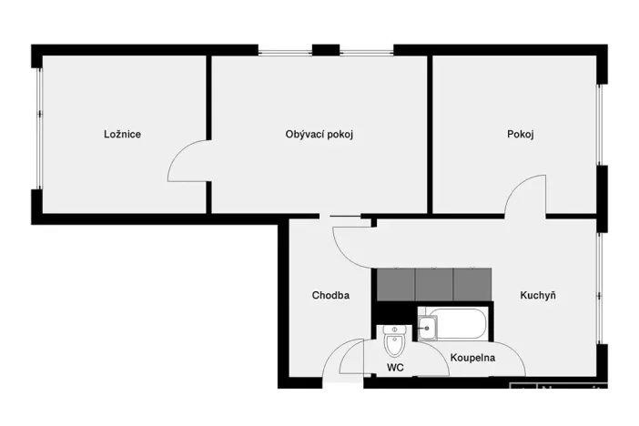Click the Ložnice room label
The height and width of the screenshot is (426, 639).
(x=122, y=135)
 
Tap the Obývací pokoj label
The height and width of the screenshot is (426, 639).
(x=319, y=135)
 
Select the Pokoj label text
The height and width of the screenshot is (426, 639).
(x=520, y=135)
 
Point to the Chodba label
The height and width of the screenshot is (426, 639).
(x=330, y=295)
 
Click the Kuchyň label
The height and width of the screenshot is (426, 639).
(x=538, y=295)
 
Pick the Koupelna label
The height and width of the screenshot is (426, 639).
(x=473, y=358)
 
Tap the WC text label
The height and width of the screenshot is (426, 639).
(x=395, y=368)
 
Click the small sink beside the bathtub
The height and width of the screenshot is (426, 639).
(x=425, y=325)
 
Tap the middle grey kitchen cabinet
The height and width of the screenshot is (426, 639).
(x=434, y=284)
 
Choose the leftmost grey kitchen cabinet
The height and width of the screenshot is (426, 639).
(x=395, y=284)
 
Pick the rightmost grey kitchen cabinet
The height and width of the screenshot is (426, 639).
(x=472, y=284)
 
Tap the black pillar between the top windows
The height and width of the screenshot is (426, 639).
(x=325, y=49)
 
